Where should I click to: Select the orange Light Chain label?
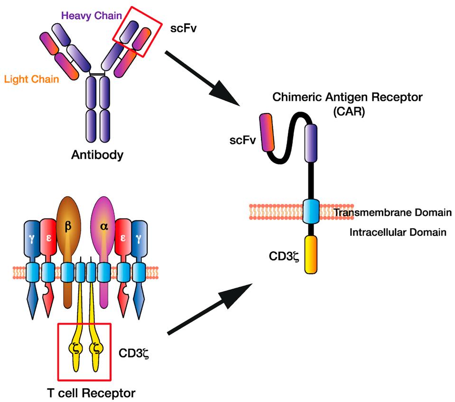[31, 79]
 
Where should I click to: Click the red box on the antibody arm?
[135, 32]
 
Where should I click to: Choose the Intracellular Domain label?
[398, 232]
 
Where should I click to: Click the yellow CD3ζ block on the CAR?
[310, 255]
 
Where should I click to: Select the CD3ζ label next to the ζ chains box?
[134, 354]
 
